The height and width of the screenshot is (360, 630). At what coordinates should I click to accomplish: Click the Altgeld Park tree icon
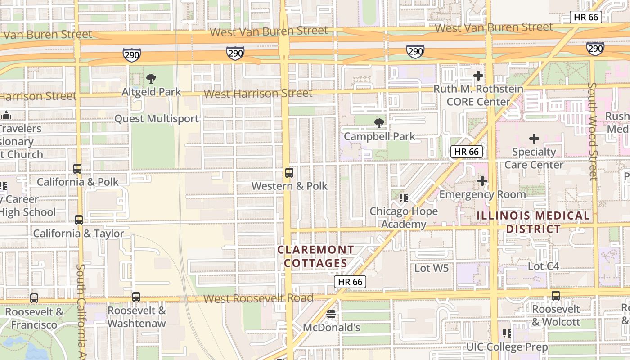click(x=151, y=79)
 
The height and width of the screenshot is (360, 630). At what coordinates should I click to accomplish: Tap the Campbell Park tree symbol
click(x=379, y=123)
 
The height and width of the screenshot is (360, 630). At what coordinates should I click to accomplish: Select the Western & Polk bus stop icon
click(x=289, y=173)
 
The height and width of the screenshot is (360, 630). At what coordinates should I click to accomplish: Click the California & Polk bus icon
click(x=77, y=169)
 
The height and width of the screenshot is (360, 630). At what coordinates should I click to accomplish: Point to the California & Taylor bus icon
click(x=79, y=220)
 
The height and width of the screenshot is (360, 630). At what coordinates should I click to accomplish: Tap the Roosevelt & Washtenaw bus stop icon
click(x=136, y=297)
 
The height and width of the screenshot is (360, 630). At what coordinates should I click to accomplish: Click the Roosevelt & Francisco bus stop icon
click(x=34, y=298)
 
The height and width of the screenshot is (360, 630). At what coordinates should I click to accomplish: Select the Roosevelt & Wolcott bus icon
click(x=556, y=296)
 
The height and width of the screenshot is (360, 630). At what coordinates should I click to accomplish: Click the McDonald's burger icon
click(x=331, y=314)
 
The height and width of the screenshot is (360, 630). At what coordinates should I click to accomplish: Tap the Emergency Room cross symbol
click(x=482, y=181)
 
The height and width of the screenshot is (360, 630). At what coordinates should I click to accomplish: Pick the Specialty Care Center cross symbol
click(x=534, y=139)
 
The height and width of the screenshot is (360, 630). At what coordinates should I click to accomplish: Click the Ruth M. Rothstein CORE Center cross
click(x=478, y=76)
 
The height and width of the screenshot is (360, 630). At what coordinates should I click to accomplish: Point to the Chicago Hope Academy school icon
click(x=404, y=198)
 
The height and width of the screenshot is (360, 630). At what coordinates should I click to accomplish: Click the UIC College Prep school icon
click(x=507, y=333)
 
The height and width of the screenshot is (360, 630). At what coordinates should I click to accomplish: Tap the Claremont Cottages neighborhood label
click(x=315, y=256)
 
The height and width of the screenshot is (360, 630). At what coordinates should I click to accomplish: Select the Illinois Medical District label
click(x=533, y=222)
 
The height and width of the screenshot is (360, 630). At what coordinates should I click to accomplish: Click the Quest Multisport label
click(x=156, y=119)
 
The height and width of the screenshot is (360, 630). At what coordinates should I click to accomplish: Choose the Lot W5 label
click(x=432, y=269)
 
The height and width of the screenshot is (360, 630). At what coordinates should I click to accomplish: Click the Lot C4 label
click(x=543, y=266)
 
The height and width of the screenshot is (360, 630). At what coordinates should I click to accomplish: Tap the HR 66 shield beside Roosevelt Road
click(x=350, y=282)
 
